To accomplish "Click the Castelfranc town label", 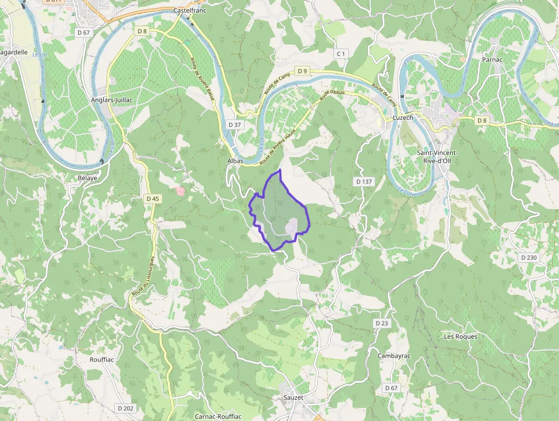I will click(x=189, y=11).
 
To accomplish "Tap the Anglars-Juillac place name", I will click(x=112, y=99).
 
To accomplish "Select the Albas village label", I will click(x=236, y=161).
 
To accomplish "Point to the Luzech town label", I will click(x=403, y=118).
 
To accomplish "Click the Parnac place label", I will click(x=492, y=59).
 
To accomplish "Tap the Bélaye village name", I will click(x=87, y=178).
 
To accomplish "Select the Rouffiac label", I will click(x=102, y=359).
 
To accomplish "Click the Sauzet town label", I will click(x=293, y=397).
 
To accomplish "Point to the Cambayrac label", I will click(x=394, y=355).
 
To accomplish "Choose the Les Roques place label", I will click(x=460, y=336).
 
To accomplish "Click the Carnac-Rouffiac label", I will click(x=218, y=416).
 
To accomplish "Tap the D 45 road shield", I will click(x=152, y=199).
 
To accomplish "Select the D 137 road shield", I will click(x=363, y=181).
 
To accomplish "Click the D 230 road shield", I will click(x=529, y=258).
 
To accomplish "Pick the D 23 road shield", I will click(x=382, y=323).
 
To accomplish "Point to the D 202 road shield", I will click(x=125, y=408).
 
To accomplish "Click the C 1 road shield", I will click(x=341, y=54).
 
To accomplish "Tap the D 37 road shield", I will click(x=234, y=125).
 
